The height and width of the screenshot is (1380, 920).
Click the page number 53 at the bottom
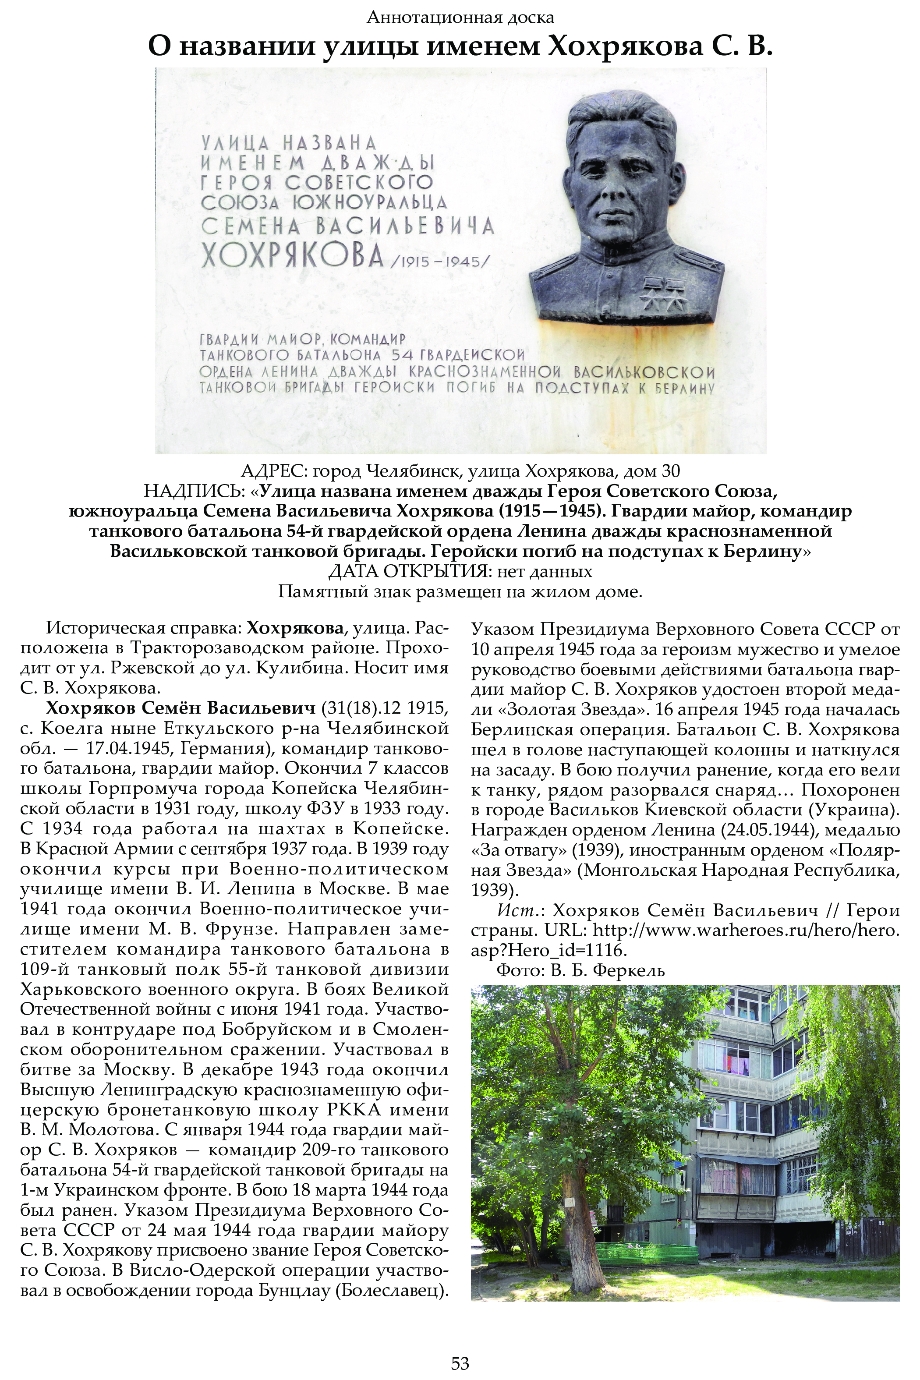[460, 1362]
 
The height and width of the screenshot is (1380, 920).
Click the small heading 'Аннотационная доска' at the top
[460, 18]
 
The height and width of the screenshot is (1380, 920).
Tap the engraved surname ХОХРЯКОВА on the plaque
[292, 256]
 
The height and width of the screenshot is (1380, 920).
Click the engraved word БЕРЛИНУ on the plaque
[684, 389]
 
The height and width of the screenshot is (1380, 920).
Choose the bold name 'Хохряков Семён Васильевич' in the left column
[180, 708]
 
